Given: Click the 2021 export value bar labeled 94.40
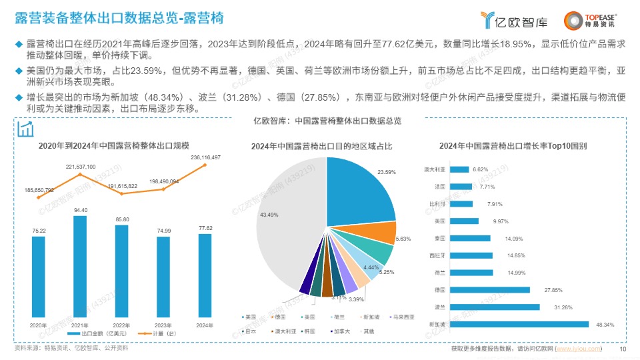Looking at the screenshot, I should [80, 267].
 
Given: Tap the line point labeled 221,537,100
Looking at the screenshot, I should [80, 175].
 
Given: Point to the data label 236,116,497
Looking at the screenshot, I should [205, 157].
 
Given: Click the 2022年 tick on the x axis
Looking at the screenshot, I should [122, 325].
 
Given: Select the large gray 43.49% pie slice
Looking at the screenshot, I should [280, 220].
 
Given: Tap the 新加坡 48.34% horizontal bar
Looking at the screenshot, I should [519, 325].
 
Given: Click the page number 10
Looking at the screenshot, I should [623, 349].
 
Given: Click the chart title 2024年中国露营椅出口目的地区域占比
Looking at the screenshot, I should [321, 146].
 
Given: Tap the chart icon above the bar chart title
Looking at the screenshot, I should [26, 128].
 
